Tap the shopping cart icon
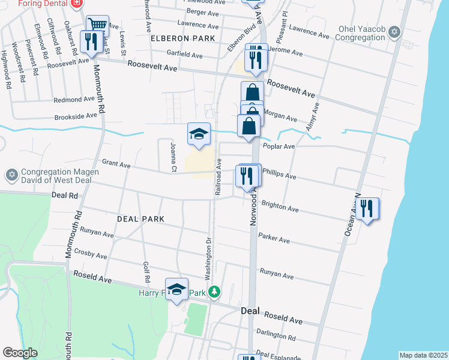[97, 25]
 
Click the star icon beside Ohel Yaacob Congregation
[394, 32]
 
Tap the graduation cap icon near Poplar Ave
[199, 134]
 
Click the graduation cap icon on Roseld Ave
[176, 290]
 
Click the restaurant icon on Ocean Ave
[366, 209]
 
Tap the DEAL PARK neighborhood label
[140, 219]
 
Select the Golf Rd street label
[146, 272]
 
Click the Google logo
[20, 353]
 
